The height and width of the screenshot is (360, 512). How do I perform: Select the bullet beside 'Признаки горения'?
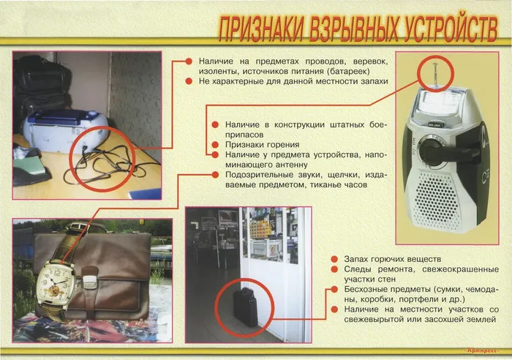216,145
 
